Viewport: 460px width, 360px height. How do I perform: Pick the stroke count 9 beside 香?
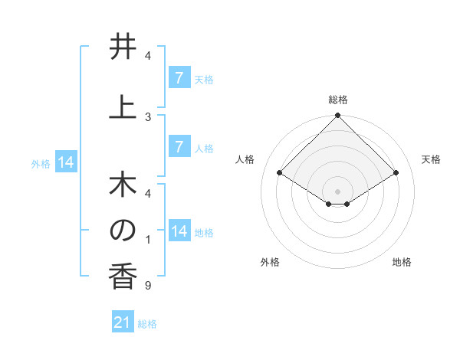pyautogui.click(x=147, y=286)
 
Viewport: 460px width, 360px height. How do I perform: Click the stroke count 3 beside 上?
pyautogui.click(x=147, y=116)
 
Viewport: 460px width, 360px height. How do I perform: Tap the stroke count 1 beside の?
pyautogui.click(x=147, y=241)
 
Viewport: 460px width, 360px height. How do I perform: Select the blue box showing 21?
pyautogui.click(x=123, y=322)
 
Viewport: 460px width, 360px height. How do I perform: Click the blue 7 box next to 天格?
pyautogui.click(x=179, y=77)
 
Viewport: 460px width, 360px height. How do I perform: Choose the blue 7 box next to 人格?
pyautogui.click(x=179, y=146)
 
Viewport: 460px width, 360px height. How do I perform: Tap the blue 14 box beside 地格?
pyautogui.click(x=179, y=231)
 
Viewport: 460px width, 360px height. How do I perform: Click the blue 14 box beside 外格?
pyautogui.click(x=66, y=162)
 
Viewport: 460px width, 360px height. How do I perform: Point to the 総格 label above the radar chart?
pyautogui.click(x=337, y=100)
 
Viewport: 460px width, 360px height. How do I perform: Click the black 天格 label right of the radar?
pyautogui.click(x=431, y=159)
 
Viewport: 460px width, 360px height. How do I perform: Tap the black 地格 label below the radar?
pyautogui.click(x=402, y=262)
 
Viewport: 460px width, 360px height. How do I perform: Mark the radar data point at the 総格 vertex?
pyautogui.click(x=337, y=116)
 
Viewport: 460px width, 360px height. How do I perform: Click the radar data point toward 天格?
pyautogui.click(x=396, y=173)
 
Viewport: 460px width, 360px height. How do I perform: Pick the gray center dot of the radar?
pyautogui.click(x=337, y=191)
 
